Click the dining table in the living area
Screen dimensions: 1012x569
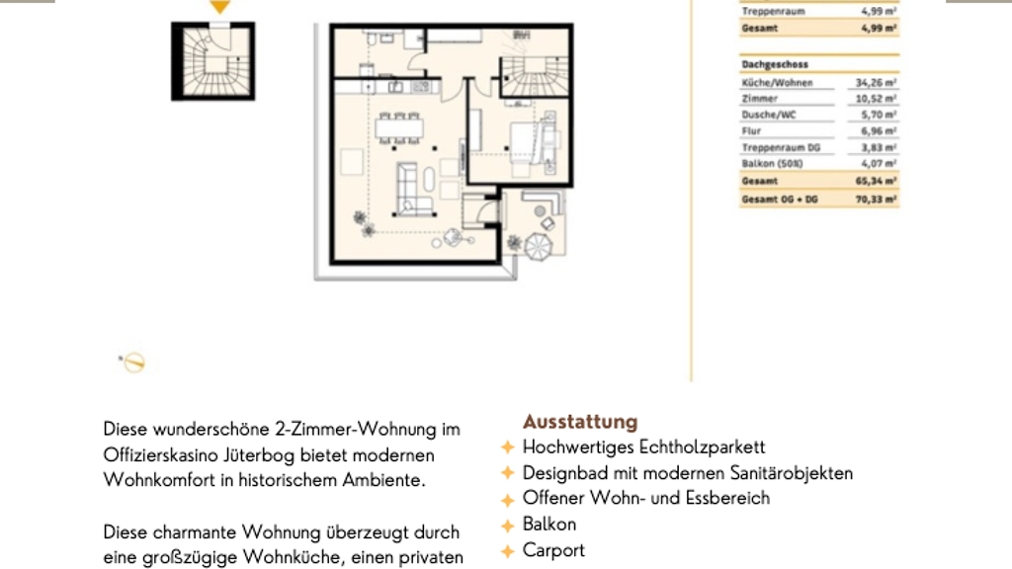point(399,128)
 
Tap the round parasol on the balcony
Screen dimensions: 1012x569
point(538,246)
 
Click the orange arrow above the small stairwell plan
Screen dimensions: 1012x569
point(219,7)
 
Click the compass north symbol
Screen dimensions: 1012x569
point(133,362)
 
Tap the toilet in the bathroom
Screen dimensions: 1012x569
point(372,38)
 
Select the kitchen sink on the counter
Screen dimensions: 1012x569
point(395,86)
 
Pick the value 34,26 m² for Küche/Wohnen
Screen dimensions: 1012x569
point(876,83)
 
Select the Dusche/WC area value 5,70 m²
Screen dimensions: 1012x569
point(879,115)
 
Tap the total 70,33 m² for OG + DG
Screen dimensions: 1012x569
point(876,200)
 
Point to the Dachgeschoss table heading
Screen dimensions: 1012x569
point(775,64)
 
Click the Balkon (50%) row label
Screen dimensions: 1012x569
point(772,164)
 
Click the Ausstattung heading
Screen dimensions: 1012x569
point(580,422)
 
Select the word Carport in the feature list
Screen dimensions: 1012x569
point(553,550)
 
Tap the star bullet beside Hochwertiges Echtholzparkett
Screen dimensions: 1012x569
point(508,447)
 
